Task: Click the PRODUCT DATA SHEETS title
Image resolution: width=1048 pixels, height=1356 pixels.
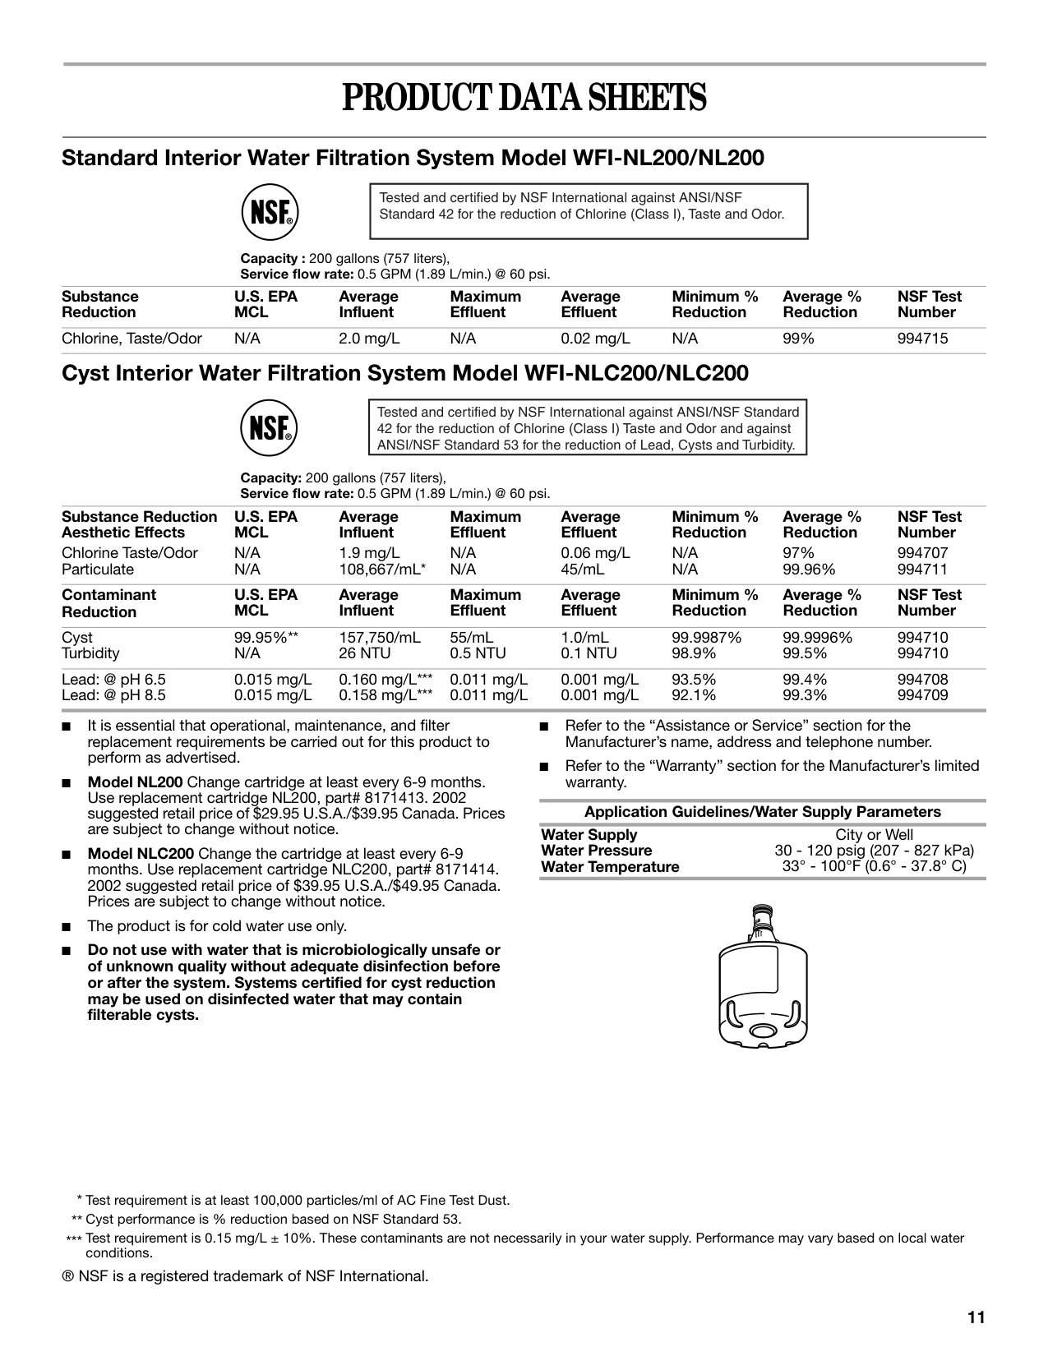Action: [x=524, y=99]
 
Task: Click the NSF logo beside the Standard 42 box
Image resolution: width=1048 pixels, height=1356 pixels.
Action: [x=269, y=212]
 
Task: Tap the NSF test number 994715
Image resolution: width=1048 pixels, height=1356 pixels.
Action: [x=922, y=339]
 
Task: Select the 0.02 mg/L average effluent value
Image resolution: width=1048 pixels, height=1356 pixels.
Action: [x=595, y=339]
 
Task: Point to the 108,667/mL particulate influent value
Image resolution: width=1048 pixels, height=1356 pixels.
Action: [x=383, y=570]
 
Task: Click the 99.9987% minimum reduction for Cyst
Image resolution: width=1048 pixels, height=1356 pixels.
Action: [x=707, y=638]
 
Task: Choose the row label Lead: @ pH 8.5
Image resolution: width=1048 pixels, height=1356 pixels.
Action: [x=113, y=695]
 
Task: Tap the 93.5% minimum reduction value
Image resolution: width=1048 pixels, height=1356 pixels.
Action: [x=694, y=680]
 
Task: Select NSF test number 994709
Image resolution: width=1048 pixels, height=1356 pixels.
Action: [x=922, y=695]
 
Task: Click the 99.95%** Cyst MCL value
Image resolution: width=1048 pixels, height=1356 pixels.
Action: [x=265, y=638]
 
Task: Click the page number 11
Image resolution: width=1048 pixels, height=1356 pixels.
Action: [x=976, y=1317]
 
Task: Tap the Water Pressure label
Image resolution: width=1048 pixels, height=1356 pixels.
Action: [x=596, y=851]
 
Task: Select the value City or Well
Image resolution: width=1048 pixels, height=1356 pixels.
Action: [x=874, y=835]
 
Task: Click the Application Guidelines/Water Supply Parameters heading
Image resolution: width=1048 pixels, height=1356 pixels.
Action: [x=762, y=812]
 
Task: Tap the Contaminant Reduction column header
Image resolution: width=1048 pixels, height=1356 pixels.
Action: [x=108, y=603]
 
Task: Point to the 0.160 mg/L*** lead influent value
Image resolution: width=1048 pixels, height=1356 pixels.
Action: [x=385, y=680]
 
